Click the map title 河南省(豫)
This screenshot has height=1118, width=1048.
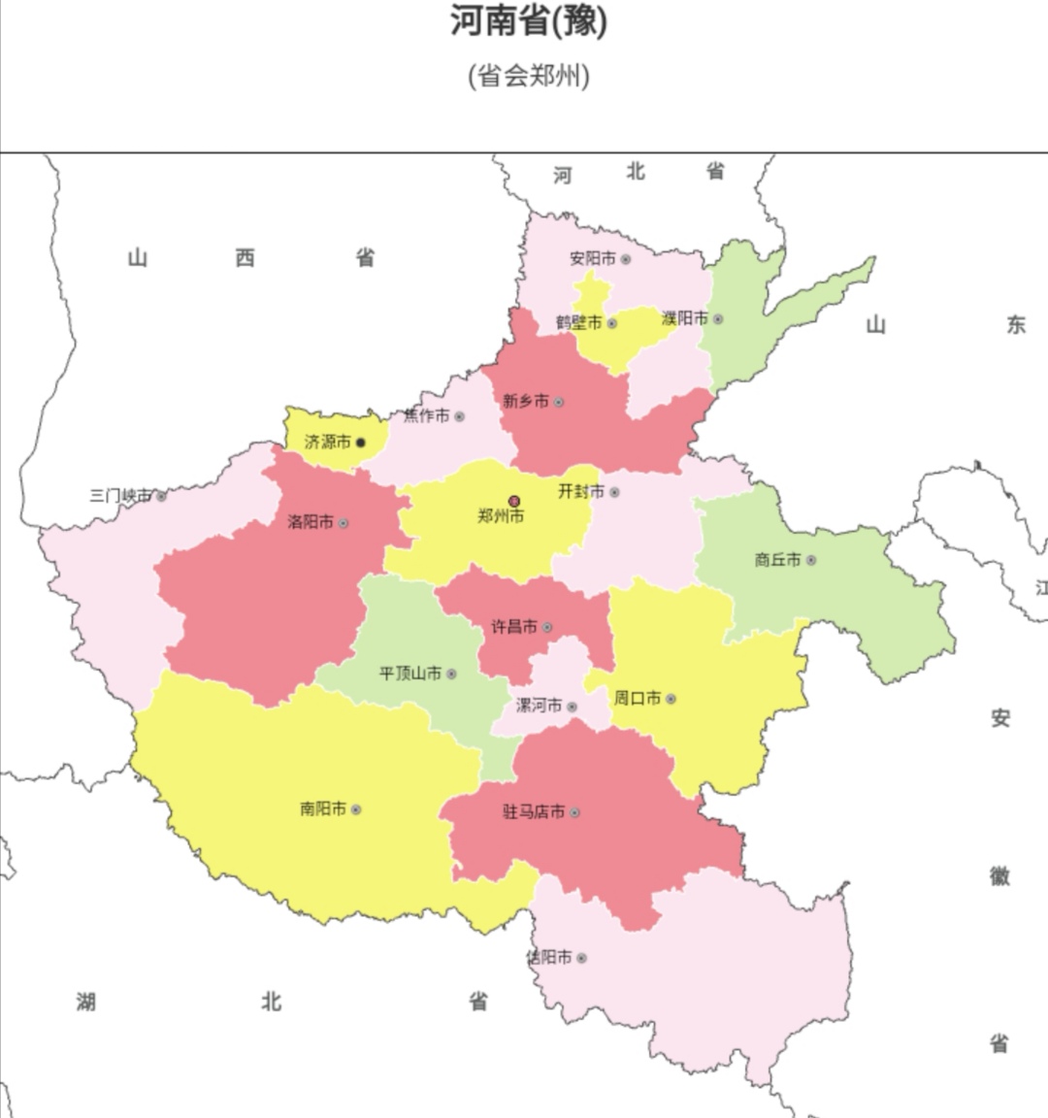click(x=528, y=21)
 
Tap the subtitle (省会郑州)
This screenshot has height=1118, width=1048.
click(x=528, y=75)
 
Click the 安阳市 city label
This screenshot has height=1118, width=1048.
click(x=592, y=259)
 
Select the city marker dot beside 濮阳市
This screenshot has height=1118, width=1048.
click(x=718, y=319)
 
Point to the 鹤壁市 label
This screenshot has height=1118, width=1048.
click(x=578, y=322)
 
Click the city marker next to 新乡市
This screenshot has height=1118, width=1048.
click(x=559, y=402)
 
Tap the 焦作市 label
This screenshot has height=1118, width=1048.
click(x=427, y=416)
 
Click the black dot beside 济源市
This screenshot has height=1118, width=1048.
click(x=361, y=443)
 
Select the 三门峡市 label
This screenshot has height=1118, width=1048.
click(x=121, y=496)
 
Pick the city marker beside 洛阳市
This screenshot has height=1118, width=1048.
click(x=343, y=523)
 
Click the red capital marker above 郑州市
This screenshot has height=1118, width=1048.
click(x=514, y=502)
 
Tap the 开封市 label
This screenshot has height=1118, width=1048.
click(x=580, y=492)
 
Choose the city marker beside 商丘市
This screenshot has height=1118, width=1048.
click(x=811, y=560)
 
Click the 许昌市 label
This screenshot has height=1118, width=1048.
click(x=514, y=627)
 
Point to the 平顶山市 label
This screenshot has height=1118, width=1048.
click(x=410, y=674)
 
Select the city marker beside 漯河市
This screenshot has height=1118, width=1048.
click(x=573, y=707)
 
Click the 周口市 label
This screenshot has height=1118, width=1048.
click(x=637, y=699)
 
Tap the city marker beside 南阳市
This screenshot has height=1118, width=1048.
click(x=356, y=809)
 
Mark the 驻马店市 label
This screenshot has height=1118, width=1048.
click(x=534, y=812)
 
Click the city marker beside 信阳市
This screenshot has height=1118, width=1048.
click(x=581, y=958)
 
